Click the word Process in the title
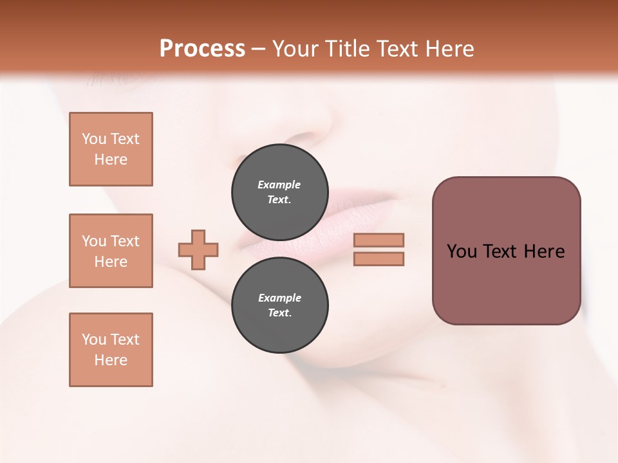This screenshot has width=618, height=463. coord(202,49)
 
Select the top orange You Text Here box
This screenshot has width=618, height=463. coord(111,149)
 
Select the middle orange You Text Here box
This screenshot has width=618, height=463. coord(111,251)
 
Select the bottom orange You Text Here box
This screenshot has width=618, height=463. coord(111,350)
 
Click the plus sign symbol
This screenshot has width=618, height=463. coord(198,250)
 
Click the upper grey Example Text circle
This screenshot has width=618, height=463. coord(279,192)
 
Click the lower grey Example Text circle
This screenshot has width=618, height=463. coord(279,305)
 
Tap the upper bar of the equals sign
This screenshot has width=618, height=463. coord(379,240)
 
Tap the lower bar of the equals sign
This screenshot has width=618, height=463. coord(379,259)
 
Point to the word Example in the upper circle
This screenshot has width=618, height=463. coord(279,185)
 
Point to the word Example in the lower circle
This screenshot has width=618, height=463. coord(279,298)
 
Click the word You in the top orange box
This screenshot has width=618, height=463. coord(94,139)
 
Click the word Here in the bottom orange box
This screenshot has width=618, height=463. coord(111,360)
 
